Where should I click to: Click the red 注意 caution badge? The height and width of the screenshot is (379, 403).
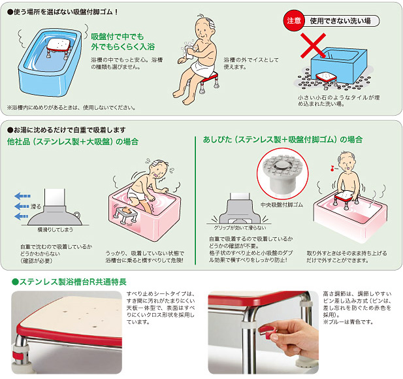294,20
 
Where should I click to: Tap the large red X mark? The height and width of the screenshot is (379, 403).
314,46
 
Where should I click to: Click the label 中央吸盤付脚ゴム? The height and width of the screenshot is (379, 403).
282,205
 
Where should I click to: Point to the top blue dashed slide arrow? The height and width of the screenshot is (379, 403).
22,196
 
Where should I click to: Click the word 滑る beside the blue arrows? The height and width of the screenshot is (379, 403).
36,206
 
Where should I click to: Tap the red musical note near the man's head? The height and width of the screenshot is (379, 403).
332,169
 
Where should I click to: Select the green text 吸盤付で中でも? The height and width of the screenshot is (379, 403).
117,37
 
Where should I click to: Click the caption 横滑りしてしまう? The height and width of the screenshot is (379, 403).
56,229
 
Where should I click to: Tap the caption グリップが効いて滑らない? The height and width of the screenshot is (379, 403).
240,228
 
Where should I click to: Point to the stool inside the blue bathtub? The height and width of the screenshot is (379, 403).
59,48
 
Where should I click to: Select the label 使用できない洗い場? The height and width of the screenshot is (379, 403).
340,21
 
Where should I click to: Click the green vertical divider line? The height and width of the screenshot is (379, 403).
195,200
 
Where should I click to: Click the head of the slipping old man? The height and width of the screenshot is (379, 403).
158,169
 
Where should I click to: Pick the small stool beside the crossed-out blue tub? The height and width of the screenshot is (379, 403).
326,80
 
